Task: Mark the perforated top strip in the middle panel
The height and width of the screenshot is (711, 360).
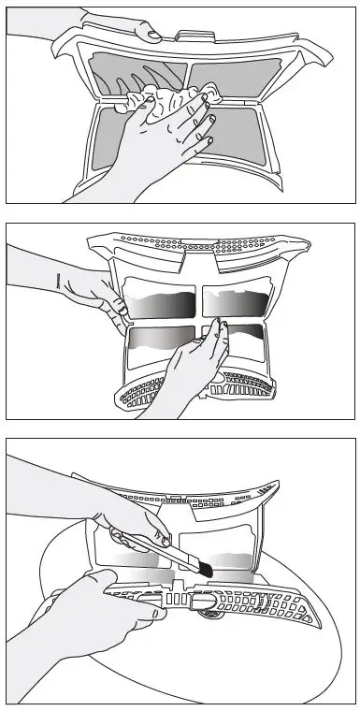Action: [x=196, y=246]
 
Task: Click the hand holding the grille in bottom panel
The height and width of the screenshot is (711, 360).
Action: [x=94, y=608]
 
